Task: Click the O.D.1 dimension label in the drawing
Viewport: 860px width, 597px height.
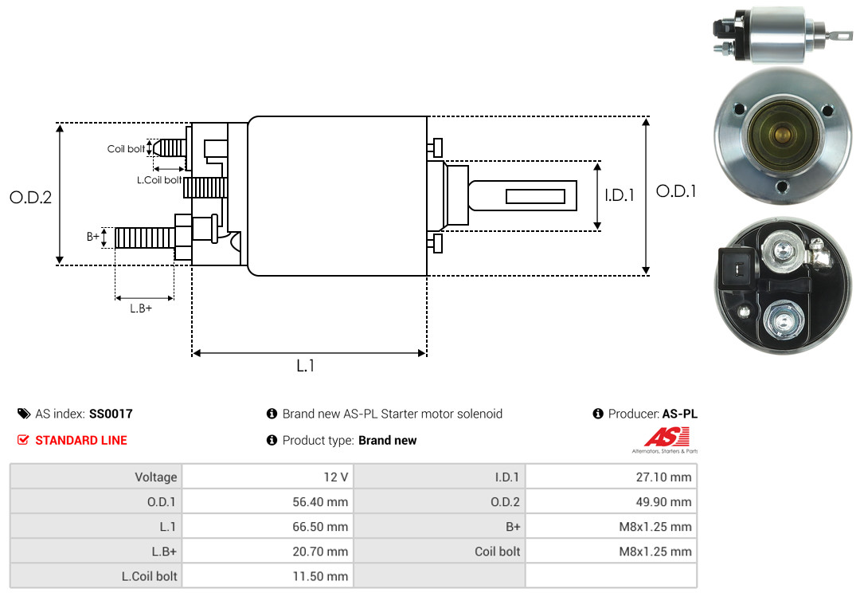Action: [676, 191]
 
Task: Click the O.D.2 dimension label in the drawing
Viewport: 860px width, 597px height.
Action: [30, 197]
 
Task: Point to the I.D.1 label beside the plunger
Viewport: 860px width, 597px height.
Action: [620, 194]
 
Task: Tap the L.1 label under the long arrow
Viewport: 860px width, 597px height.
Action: [306, 366]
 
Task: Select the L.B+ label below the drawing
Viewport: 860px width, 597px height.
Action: [141, 308]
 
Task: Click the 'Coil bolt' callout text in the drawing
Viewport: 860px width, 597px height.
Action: [126, 149]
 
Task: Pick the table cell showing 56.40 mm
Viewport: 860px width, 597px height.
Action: [268, 501]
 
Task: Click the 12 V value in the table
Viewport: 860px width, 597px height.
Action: [268, 477]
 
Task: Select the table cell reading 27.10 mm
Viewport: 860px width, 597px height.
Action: [611, 477]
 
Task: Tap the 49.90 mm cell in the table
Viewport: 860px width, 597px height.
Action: [611, 501]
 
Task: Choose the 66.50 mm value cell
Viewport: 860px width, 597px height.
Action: [268, 526]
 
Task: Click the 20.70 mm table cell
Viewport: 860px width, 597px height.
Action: [268, 551]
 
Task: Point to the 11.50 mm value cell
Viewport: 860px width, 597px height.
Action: [268, 575]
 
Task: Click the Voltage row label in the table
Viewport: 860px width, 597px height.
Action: [96, 477]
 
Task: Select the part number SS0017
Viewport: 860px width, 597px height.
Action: [111, 414]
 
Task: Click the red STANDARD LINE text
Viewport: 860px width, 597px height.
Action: [80, 440]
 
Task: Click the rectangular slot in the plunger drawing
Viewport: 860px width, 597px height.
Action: [536, 196]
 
